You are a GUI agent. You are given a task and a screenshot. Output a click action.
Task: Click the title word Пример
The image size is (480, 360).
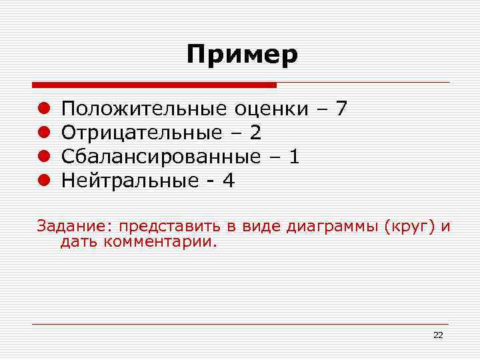coord(242,54)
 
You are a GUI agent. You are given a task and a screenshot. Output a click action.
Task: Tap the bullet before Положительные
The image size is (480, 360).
coord(43,109)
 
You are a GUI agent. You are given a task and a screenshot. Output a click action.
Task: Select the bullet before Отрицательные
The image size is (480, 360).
coord(43,133)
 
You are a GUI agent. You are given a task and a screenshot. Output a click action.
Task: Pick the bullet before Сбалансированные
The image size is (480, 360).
coord(43,157)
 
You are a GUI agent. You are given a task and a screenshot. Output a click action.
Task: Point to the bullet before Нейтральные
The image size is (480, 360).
coord(43,181)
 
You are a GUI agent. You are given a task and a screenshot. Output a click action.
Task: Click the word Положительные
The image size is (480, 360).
coord(145,109)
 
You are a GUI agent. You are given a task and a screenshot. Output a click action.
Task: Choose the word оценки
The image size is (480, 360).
coord(271,109)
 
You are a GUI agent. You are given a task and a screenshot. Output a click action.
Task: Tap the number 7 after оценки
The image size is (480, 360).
coord(341,108)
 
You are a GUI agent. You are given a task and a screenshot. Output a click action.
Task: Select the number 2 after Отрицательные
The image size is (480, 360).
coord(255,133)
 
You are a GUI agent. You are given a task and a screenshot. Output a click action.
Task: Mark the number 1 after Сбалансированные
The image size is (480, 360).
coord(294,157)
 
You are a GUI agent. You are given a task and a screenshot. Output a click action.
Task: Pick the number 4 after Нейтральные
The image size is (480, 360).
coord(229,181)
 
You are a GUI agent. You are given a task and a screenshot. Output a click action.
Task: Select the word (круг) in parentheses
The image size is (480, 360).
coord(409,227)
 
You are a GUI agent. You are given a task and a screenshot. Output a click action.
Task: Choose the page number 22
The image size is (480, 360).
coord(438,335)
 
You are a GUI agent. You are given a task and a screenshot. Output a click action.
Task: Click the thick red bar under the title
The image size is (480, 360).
coord(154,85)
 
